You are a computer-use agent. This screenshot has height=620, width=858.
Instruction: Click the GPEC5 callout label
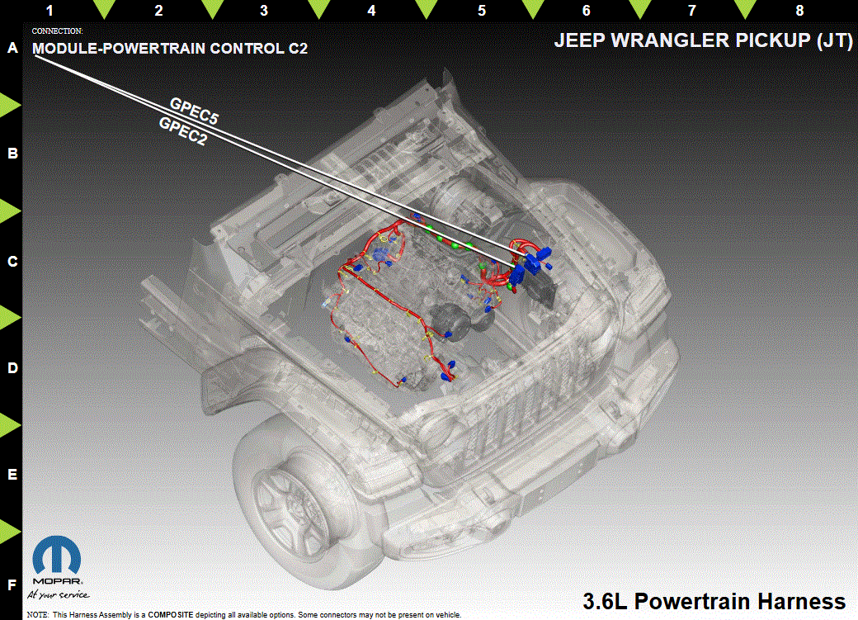point(194,111)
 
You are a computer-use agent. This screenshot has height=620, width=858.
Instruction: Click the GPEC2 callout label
point(183,131)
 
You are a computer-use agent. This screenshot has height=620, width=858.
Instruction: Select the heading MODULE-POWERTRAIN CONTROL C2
point(170,48)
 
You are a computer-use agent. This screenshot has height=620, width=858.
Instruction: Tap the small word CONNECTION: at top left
point(58,31)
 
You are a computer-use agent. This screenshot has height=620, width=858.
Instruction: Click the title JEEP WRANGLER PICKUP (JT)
point(703,40)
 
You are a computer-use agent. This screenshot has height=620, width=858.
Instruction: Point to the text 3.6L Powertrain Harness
point(714,601)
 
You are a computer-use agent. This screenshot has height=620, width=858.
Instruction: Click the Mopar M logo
point(57,556)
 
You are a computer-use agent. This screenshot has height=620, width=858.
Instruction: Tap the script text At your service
point(58,594)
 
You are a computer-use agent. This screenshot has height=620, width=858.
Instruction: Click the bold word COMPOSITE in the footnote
point(170,615)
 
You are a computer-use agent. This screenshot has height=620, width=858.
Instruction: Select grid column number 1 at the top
point(49,11)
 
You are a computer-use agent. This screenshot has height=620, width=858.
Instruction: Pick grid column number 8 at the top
point(799,11)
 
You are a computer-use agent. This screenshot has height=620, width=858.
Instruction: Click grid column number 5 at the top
point(482,11)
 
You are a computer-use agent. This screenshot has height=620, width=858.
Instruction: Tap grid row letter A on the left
point(12,48)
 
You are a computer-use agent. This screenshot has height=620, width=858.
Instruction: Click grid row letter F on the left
point(12,585)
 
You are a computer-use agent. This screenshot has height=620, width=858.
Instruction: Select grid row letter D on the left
point(12,368)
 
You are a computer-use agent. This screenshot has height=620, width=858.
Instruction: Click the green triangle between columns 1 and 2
point(104,10)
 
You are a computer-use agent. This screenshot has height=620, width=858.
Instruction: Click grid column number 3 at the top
point(264,11)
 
